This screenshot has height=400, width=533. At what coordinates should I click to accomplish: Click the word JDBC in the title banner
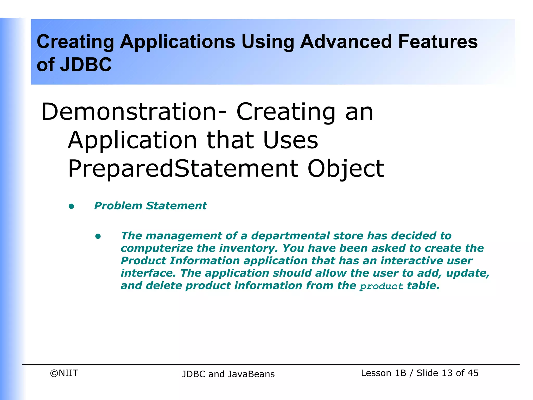tap(86, 65)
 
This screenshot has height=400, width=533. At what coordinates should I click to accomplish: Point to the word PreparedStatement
tap(183, 168)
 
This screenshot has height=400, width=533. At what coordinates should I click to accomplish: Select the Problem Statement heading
tap(150, 206)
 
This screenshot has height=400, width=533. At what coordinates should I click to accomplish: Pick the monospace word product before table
tap(381, 286)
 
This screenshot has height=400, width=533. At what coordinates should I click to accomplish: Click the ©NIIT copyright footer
tap(64, 373)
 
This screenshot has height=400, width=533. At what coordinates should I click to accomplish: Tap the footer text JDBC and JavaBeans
tap(228, 374)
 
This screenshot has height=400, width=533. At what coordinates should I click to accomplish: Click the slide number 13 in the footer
tap(447, 373)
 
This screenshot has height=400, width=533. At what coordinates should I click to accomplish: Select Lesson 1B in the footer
tap(383, 373)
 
